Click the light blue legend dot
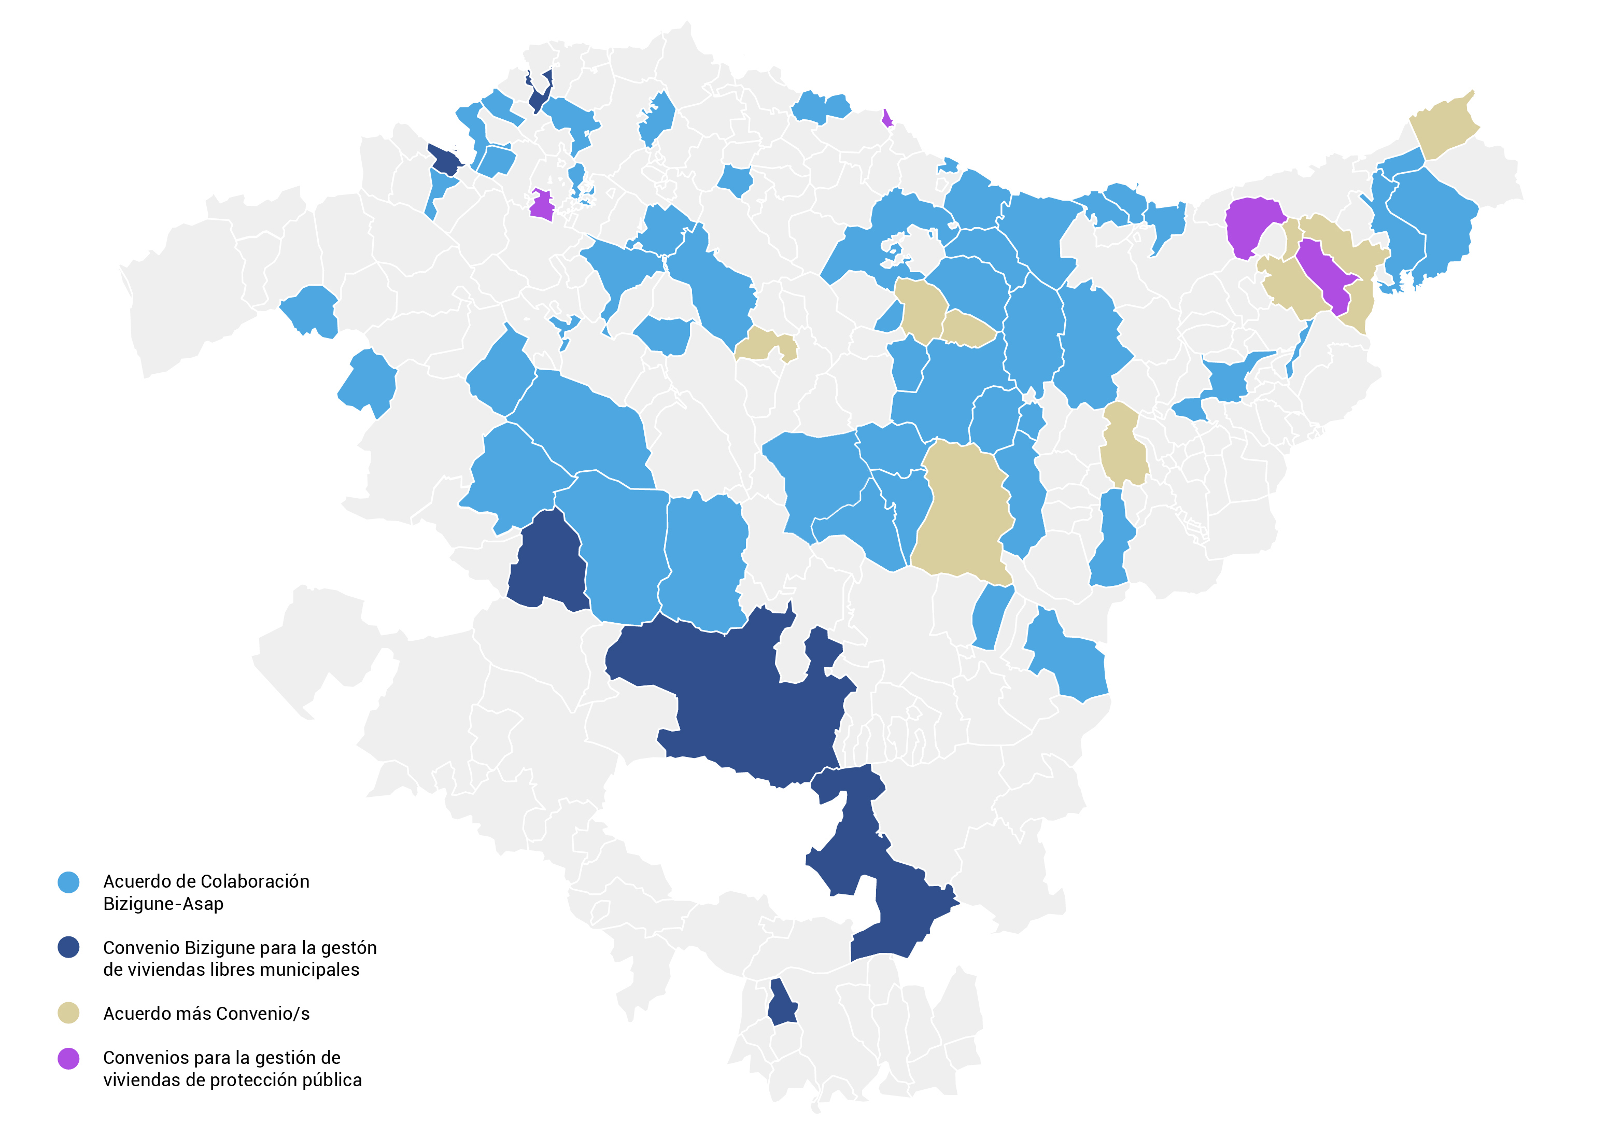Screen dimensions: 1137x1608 pos(68,882)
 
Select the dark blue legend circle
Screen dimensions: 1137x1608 pos(68,948)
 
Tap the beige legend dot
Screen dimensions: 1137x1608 pos(68,1013)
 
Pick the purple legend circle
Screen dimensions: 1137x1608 pos(68,1059)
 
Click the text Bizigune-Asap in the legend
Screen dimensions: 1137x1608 pos(163,904)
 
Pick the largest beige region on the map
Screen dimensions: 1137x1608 pos(963,511)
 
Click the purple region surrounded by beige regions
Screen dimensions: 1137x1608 pos(1326,275)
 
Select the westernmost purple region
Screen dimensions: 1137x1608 pos(541,205)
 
